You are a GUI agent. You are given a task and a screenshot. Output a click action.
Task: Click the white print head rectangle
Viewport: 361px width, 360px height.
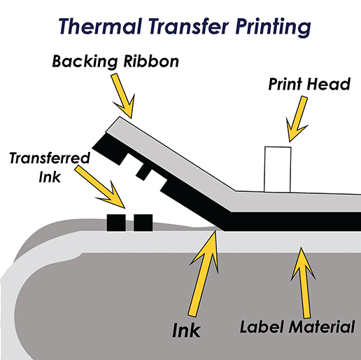(276, 168)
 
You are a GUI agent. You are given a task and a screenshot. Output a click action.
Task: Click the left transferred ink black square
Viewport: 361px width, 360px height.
(116, 223)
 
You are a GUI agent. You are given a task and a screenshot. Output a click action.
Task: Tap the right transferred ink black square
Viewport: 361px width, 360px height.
(143, 223)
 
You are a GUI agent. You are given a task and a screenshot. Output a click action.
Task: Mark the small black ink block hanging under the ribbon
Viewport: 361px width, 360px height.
(145, 172)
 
